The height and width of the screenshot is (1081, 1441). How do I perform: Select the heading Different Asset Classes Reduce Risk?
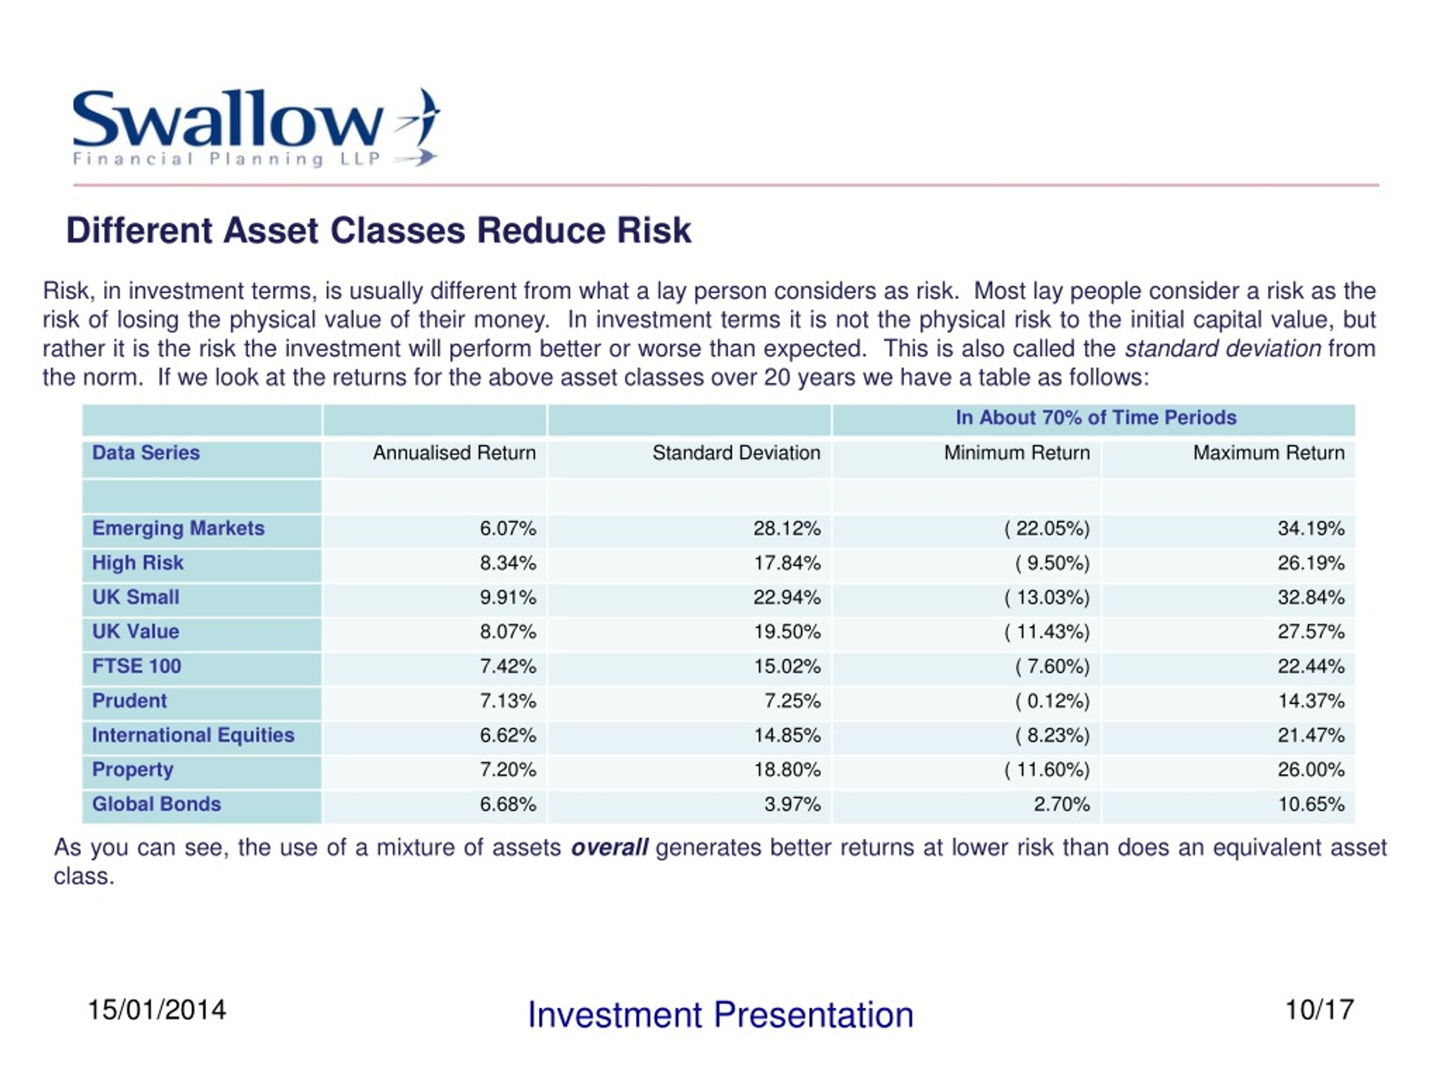[378, 231]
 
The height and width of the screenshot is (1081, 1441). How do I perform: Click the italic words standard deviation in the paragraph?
[1223, 349]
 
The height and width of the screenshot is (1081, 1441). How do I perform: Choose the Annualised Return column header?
[454, 453]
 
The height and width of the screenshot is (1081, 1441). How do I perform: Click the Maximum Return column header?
[1268, 453]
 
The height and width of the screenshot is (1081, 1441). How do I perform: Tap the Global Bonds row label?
[156, 804]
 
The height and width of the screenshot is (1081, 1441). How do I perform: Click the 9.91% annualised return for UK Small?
[508, 597]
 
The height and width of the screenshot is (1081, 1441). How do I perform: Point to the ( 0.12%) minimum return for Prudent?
[1052, 701]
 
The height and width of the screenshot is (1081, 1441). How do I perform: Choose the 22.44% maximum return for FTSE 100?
[1311, 666]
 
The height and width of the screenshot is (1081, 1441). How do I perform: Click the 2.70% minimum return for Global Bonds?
[1061, 804]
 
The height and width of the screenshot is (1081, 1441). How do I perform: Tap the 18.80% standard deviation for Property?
[787, 770]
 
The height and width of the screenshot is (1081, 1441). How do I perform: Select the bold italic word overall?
[609, 848]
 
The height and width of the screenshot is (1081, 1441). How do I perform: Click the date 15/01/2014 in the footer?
[156, 1010]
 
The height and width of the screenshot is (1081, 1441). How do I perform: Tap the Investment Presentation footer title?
[720, 1015]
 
